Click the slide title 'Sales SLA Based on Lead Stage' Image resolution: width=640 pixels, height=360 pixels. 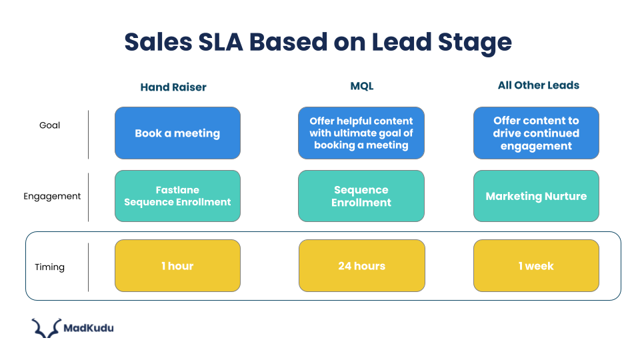pyautogui.click(x=318, y=42)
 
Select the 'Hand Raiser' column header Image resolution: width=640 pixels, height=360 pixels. pyautogui.click(x=173, y=87)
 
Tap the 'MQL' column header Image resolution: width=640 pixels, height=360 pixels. pyautogui.click(x=361, y=86)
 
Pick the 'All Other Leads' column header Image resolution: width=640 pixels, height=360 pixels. pyautogui.click(x=538, y=85)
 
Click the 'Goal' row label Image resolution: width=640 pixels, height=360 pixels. pyautogui.click(x=49, y=125)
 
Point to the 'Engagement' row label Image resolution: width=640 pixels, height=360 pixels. pyautogui.click(x=52, y=196)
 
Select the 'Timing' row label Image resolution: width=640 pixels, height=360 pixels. pyautogui.click(x=49, y=267)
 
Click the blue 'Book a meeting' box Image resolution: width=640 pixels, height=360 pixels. pyautogui.click(x=177, y=133)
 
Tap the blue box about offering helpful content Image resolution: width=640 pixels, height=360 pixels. pyautogui.click(x=361, y=133)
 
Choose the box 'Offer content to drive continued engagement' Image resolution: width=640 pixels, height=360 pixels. pyautogui.click(x=536, y=133)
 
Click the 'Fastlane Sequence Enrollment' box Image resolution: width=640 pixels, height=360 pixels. pyautogui.click(x=177, y=196)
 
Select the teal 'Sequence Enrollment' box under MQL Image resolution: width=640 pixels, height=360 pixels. pyautogui.click(x=361, y=196)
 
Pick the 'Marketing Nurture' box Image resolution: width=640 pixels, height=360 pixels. pyautogui.click(x=536, y=196)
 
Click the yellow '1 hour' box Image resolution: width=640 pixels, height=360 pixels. pyautogui.click(x=177, y=266)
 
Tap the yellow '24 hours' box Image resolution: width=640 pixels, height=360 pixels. pyautogui.click(x=361, y=266)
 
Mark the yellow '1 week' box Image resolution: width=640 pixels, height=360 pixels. pyautogui.click(x=536, y=266)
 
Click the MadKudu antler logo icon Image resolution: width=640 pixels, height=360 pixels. pyautogui.click(x=45, y=328)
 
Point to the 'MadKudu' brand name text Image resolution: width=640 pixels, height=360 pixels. pyautogui.click(x=88, y=327)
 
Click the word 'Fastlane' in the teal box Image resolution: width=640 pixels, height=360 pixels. pyautogui.click(x=177, y=190)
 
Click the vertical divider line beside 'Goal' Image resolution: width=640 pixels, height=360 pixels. pyautogui.click(x=88, y=135)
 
